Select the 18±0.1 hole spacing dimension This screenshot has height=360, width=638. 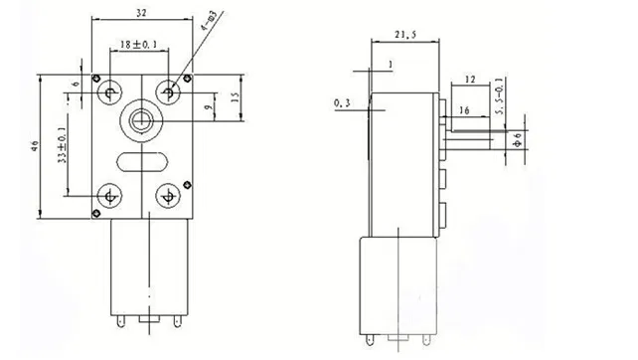(139, 46)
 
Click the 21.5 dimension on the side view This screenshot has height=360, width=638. (404, 36)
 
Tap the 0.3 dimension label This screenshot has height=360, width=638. (343, 102)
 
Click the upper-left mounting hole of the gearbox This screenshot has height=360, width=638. (108, 91)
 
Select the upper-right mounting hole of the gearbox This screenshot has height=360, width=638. (170, 91)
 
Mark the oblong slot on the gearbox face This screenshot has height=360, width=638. (139, 158)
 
